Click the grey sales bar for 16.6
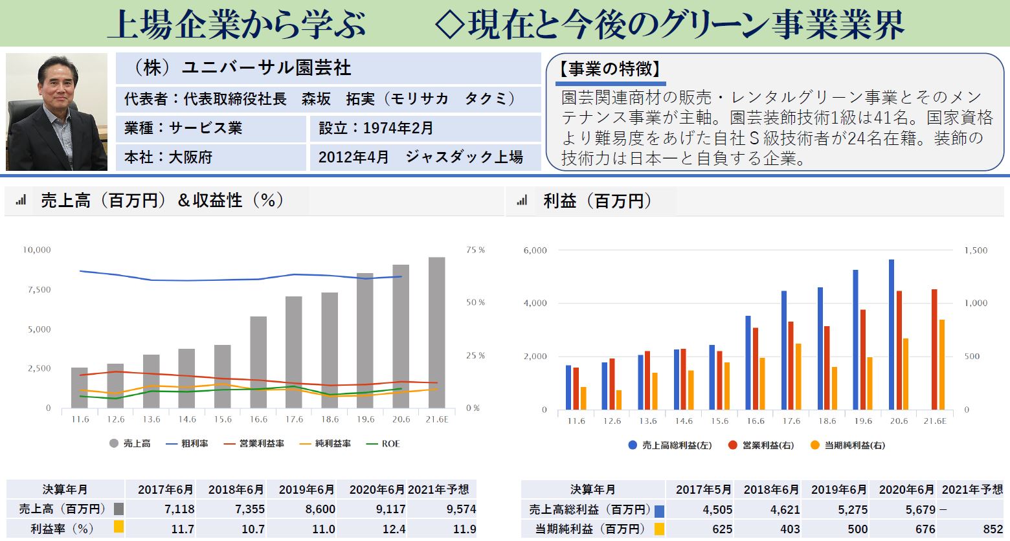tap(258, 362)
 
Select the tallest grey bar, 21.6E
tap(436, 333)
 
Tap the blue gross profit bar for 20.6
tap(892, 335)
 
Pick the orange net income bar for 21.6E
tap(941, 365)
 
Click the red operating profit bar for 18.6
tap(827, 368)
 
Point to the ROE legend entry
tap(383, 444)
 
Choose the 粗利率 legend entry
tap(187, 444)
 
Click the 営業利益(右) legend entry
tap(761, 445)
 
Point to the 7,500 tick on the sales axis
tap(39, 289)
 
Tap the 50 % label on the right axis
tap(475, 302)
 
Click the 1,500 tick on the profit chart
tap(976, 250)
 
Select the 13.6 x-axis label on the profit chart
tap(648, 421)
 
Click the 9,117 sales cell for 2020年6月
tap(390, 509)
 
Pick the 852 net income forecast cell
tap(993, 529)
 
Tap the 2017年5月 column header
tap(703, 490)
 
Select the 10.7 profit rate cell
tap(253, 529)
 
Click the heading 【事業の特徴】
tap(611, 69)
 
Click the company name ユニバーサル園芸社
tap(266, 68)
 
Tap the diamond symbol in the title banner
tap(450, 25)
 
